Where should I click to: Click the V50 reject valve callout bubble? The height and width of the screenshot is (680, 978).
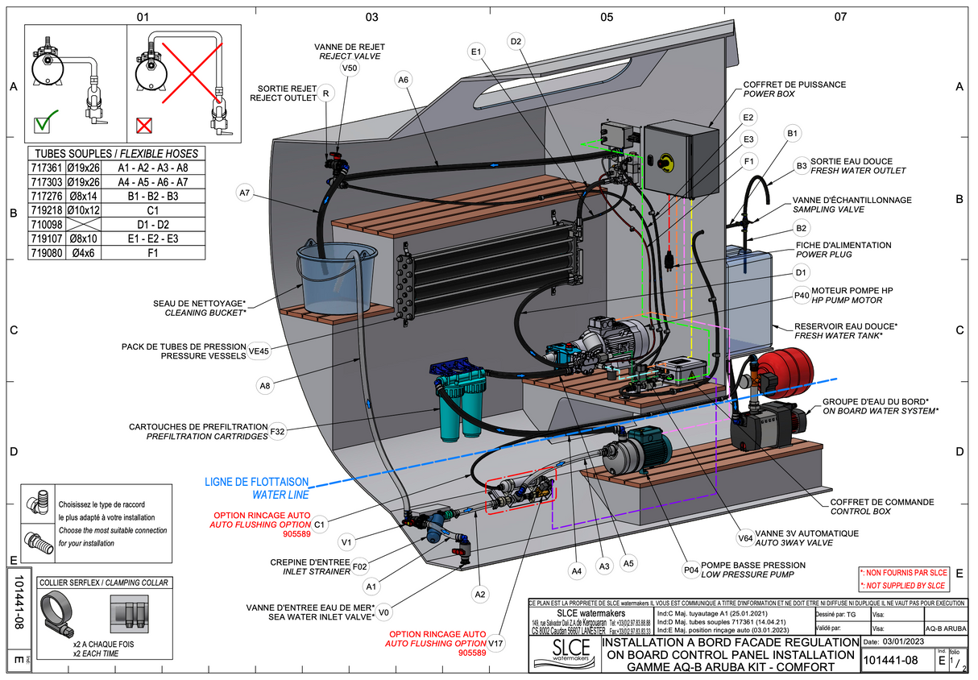[x=350, y=69]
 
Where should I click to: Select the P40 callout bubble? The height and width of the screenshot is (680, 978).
[x=802, y=296]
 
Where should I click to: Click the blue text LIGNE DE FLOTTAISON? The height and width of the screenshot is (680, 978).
[x=255, y=482]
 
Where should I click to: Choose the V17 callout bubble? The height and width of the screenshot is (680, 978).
[x=496, y=644]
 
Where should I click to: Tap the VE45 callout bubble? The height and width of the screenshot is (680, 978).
[x=259, y=350]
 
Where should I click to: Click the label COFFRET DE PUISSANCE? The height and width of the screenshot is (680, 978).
[x=794, y=84]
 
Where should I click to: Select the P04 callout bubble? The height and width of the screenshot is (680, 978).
[x=691, y=570]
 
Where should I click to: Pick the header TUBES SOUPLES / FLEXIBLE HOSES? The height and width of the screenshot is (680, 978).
[x=113, y=153]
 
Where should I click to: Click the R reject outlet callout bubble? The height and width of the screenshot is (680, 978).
[x=325, y=94]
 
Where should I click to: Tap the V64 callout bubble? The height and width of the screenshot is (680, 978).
[x=745, y=539]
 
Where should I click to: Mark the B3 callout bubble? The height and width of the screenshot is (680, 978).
[x=802, y=166]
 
